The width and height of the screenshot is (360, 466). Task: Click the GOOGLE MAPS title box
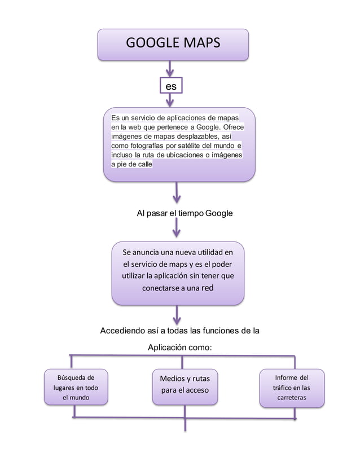(173, 45)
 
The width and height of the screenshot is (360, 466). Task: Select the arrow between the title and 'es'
(170, 69)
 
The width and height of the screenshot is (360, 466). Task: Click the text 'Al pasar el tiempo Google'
(185, 213)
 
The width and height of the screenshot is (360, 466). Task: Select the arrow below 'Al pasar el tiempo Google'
(177, 228)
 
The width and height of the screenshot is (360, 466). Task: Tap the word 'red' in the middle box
(207, 288)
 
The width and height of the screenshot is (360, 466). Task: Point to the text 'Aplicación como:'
(179, 348)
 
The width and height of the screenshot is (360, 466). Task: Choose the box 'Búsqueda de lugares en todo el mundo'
(76, 387)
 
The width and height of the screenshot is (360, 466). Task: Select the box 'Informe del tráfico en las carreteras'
(292, 388)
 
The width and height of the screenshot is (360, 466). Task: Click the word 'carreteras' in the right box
(292, 398)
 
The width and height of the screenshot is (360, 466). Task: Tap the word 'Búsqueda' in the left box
(72, 377)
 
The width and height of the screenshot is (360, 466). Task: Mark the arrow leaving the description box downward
(177, 193)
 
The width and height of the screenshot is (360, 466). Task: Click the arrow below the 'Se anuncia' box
(177, 315)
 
